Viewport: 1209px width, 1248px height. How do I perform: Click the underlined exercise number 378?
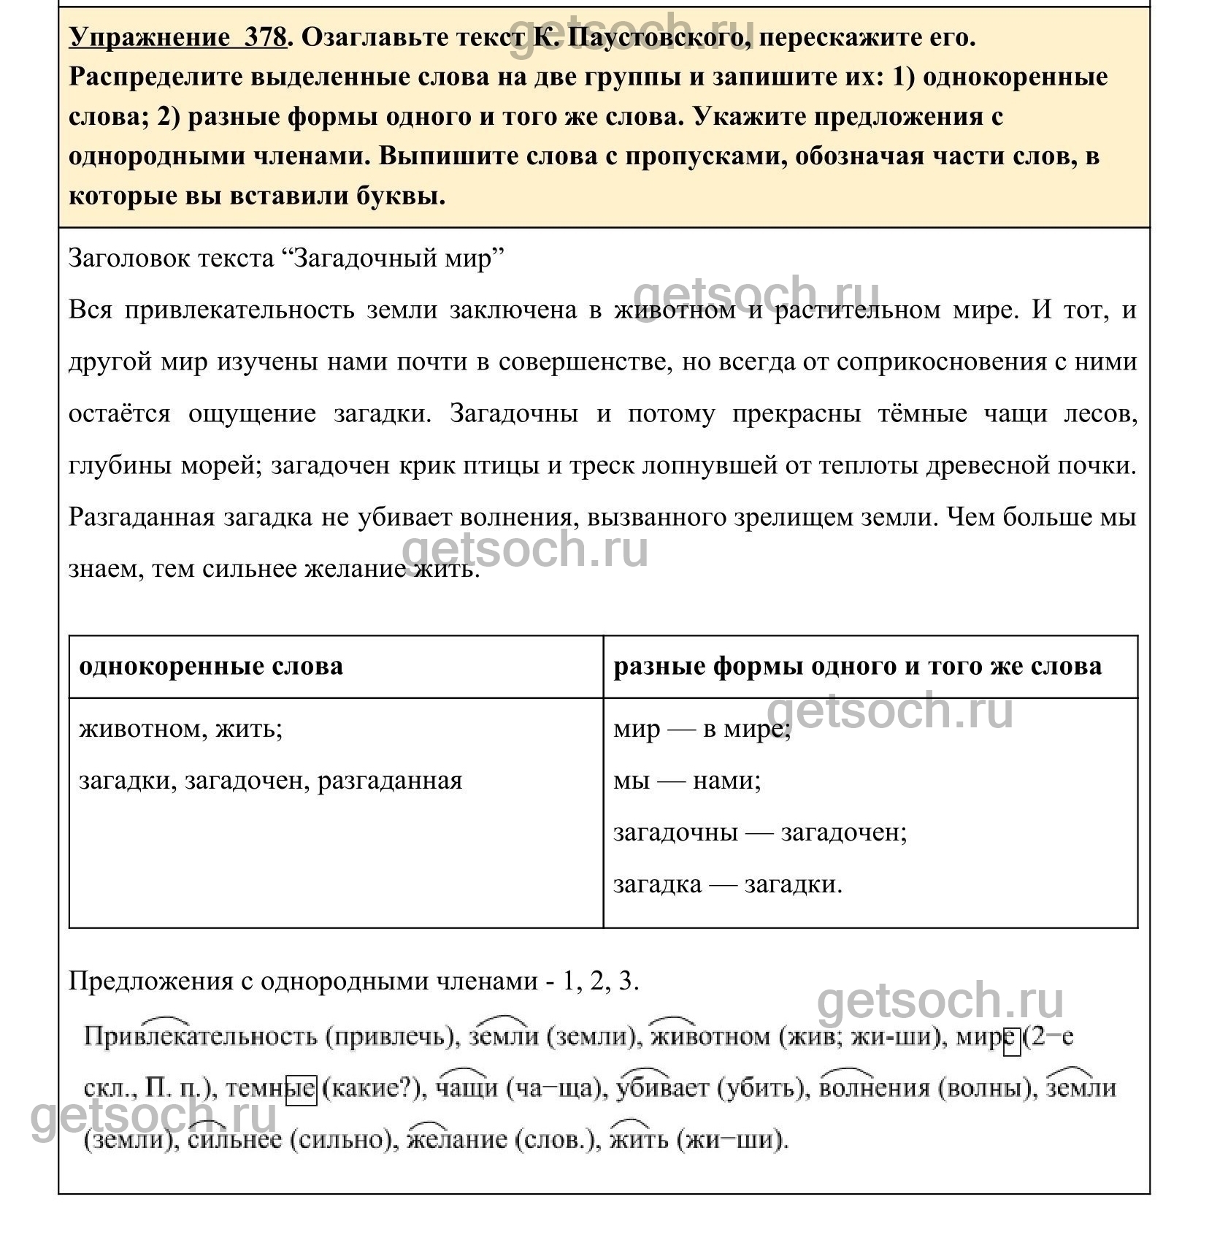pyautogui.click(x=264, y=38)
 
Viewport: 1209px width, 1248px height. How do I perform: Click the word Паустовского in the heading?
pyautogui.click(x=642, y=38)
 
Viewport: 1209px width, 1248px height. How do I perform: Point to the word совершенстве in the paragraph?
pyautogui.click(x=585, y=362)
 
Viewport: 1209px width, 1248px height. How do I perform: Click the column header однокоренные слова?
pyautogui.click(x=211, y=666)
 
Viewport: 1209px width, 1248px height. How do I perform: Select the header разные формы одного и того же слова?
pyautogui.click(x=857, y=666)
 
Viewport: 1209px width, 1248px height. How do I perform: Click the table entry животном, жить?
pyautogui.click(x=180, y=729)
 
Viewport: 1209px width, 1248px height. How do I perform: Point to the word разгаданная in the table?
pyautogui.click(x=390, y=781)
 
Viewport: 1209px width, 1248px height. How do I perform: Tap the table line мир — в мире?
pyautogui.click(x=702, y=729)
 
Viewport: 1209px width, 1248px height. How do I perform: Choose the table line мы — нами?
pyautogui.click(x=687, y=781)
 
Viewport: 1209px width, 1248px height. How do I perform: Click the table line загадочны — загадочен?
pyautogui.click(x=759, y=832)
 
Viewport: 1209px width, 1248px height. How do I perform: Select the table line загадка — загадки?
pyautogui.click(x=727, y=884)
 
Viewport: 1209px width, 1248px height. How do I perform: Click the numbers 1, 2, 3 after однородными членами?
pyautogui.click(x=601, y=981)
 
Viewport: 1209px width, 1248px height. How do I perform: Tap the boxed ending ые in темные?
pyautogui.click(x=301, y=1089)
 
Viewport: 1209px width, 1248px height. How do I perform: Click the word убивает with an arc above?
pyautogui.click(x=662, y=1089)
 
